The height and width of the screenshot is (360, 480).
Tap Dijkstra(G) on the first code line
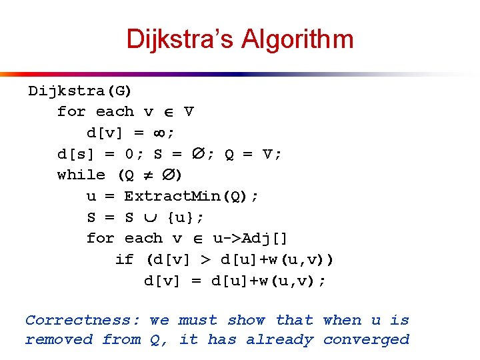(80, 91)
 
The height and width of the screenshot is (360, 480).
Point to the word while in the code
(81, 175)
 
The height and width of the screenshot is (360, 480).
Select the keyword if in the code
(124, 259)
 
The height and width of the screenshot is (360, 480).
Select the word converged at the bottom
(366, 339)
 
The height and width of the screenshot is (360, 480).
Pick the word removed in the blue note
(59, 339)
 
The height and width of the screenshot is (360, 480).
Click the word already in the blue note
(279, 340)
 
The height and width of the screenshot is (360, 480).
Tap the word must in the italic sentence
(198, 320)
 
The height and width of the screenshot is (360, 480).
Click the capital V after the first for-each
(189, 112)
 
